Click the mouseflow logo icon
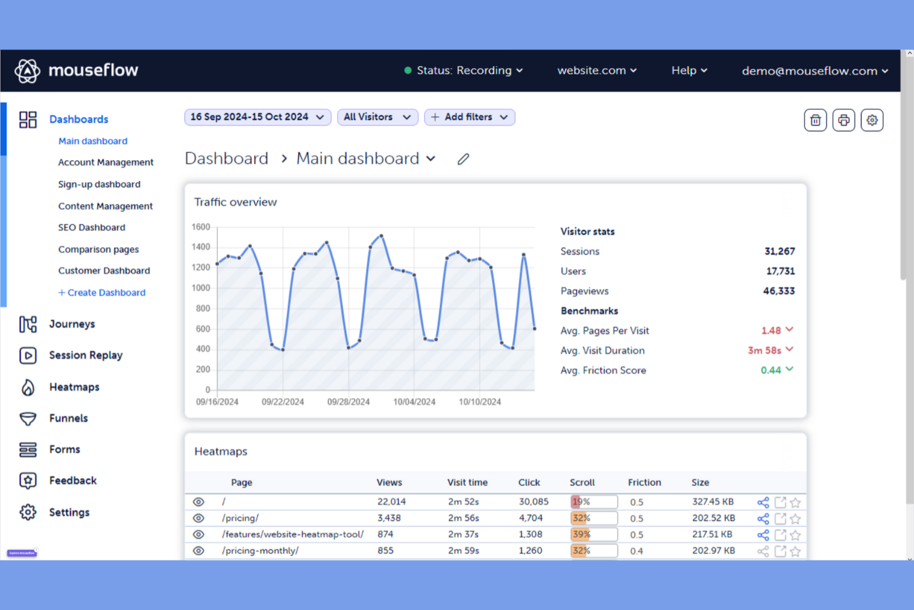coord(27,71)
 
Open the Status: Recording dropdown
coord(463,70)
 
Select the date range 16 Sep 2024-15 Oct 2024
coord(257,117)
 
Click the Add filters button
coord(469,117)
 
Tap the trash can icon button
coord(815,120)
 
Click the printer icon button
coord(844,120)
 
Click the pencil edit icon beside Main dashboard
coord(463,159)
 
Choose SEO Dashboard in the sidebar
coord(91,227)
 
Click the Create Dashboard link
coord(102,292)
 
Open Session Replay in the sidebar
coord(86,355)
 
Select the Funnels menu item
coord(69,418)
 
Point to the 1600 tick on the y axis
coord(201,227)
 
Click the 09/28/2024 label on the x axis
coord(348,402)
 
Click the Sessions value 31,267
coord(779,252)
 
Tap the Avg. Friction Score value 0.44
coord(771,370)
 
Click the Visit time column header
coord(467,483)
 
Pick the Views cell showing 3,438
coord(389,518)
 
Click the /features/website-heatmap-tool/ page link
coord(293,535)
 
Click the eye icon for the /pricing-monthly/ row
coord(198,551)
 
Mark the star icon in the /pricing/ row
coord(795,519)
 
